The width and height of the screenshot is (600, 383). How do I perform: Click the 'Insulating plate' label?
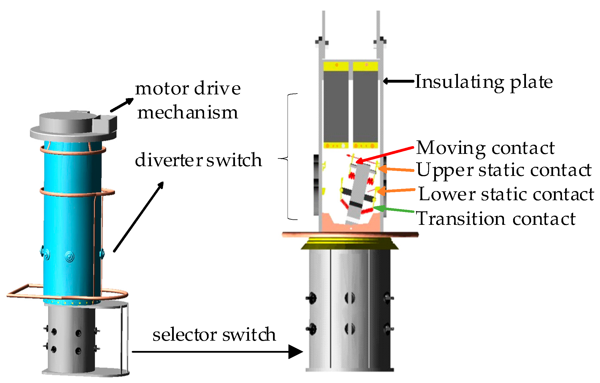click(484, 82)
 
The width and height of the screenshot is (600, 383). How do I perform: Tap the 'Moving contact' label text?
click(485, 148)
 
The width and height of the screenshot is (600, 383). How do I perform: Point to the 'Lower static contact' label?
click(506, 194)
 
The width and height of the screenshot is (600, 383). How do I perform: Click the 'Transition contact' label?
click(496, 219)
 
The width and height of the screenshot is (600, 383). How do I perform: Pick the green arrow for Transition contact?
click(394, 209)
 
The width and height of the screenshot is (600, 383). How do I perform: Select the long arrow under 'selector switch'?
click(217, 352)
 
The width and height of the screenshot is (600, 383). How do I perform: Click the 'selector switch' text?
click(214, 334)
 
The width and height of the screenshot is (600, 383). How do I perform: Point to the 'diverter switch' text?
click(198, 160)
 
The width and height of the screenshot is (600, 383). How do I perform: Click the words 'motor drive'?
click(188, 88)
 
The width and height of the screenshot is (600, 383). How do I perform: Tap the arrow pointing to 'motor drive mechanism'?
click(122, 105)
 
